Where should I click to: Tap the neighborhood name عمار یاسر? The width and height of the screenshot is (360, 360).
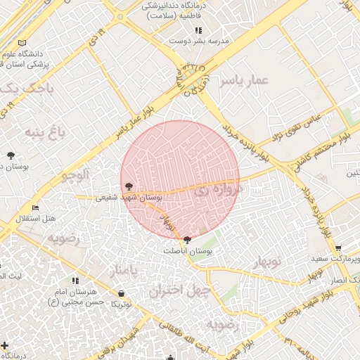pyautogui.click(x=243, y=82)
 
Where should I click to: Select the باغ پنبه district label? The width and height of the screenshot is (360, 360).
pyautogui.click(x=45, y=131)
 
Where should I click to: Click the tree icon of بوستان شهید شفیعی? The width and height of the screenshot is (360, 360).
pyautogui.click(x=128, y=186)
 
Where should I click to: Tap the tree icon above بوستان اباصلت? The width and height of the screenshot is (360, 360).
pyautogui.click(x=186, y=240)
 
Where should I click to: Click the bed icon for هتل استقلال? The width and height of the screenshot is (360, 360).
pyautogui.click(x=36, y=207)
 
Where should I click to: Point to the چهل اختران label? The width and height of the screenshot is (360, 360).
pyautogui.click(x=176, y=290)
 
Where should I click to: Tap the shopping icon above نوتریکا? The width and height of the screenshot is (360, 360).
pyautogui.click(x=124, y=293)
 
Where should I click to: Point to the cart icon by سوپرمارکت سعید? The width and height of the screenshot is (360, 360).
pyautogui.click(x=338, y=248)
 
